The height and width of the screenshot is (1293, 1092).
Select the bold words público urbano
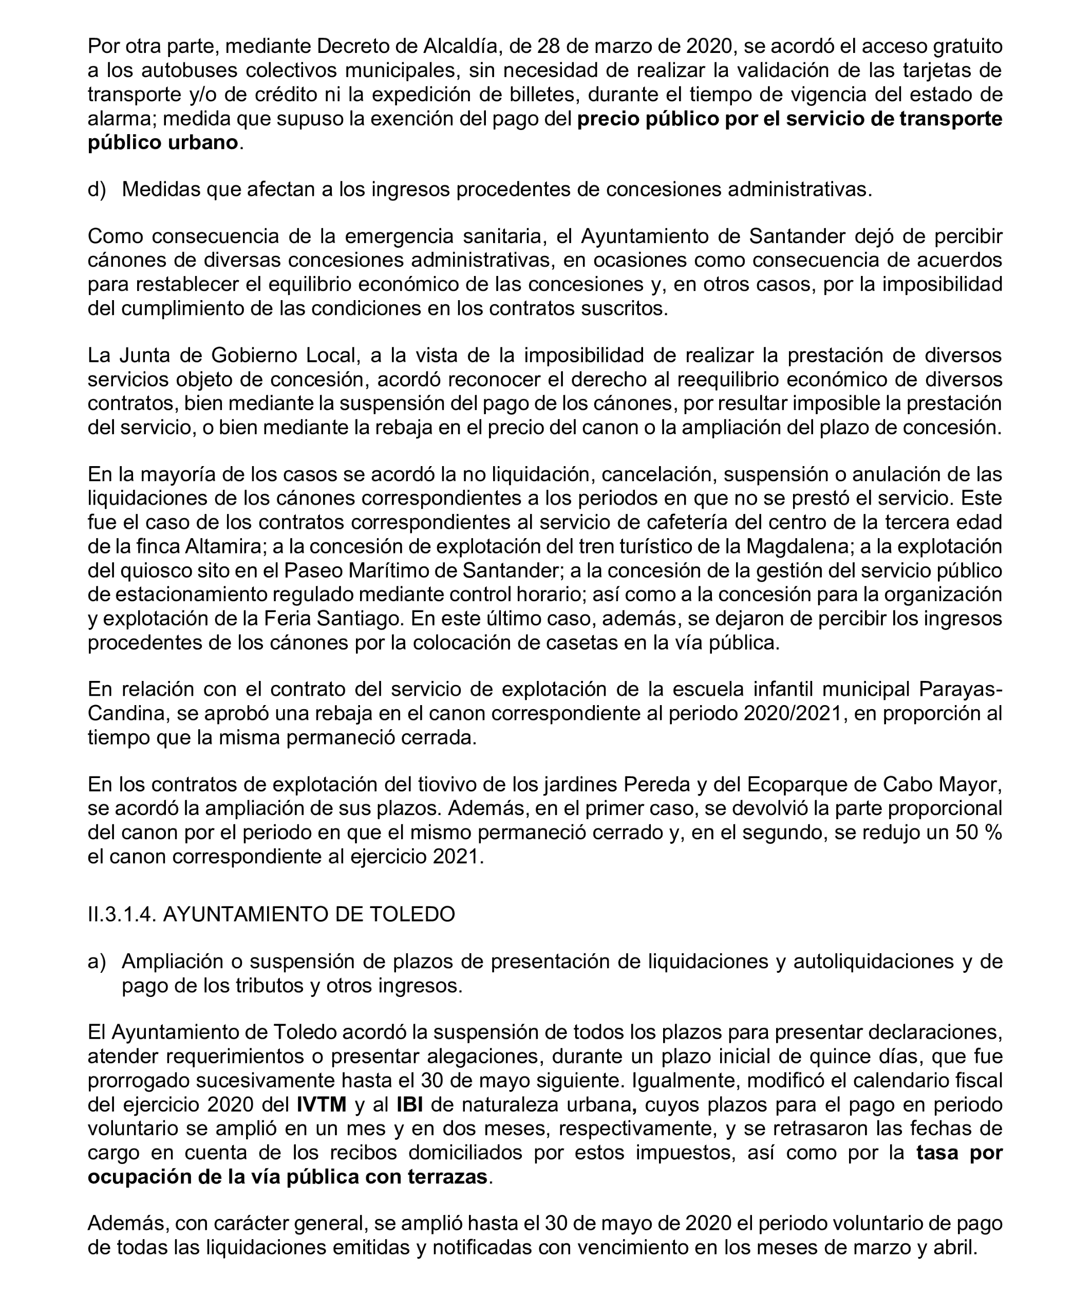pos(163,142)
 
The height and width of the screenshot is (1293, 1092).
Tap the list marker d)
pos(97,190)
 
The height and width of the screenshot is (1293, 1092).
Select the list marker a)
pos(97,962)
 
